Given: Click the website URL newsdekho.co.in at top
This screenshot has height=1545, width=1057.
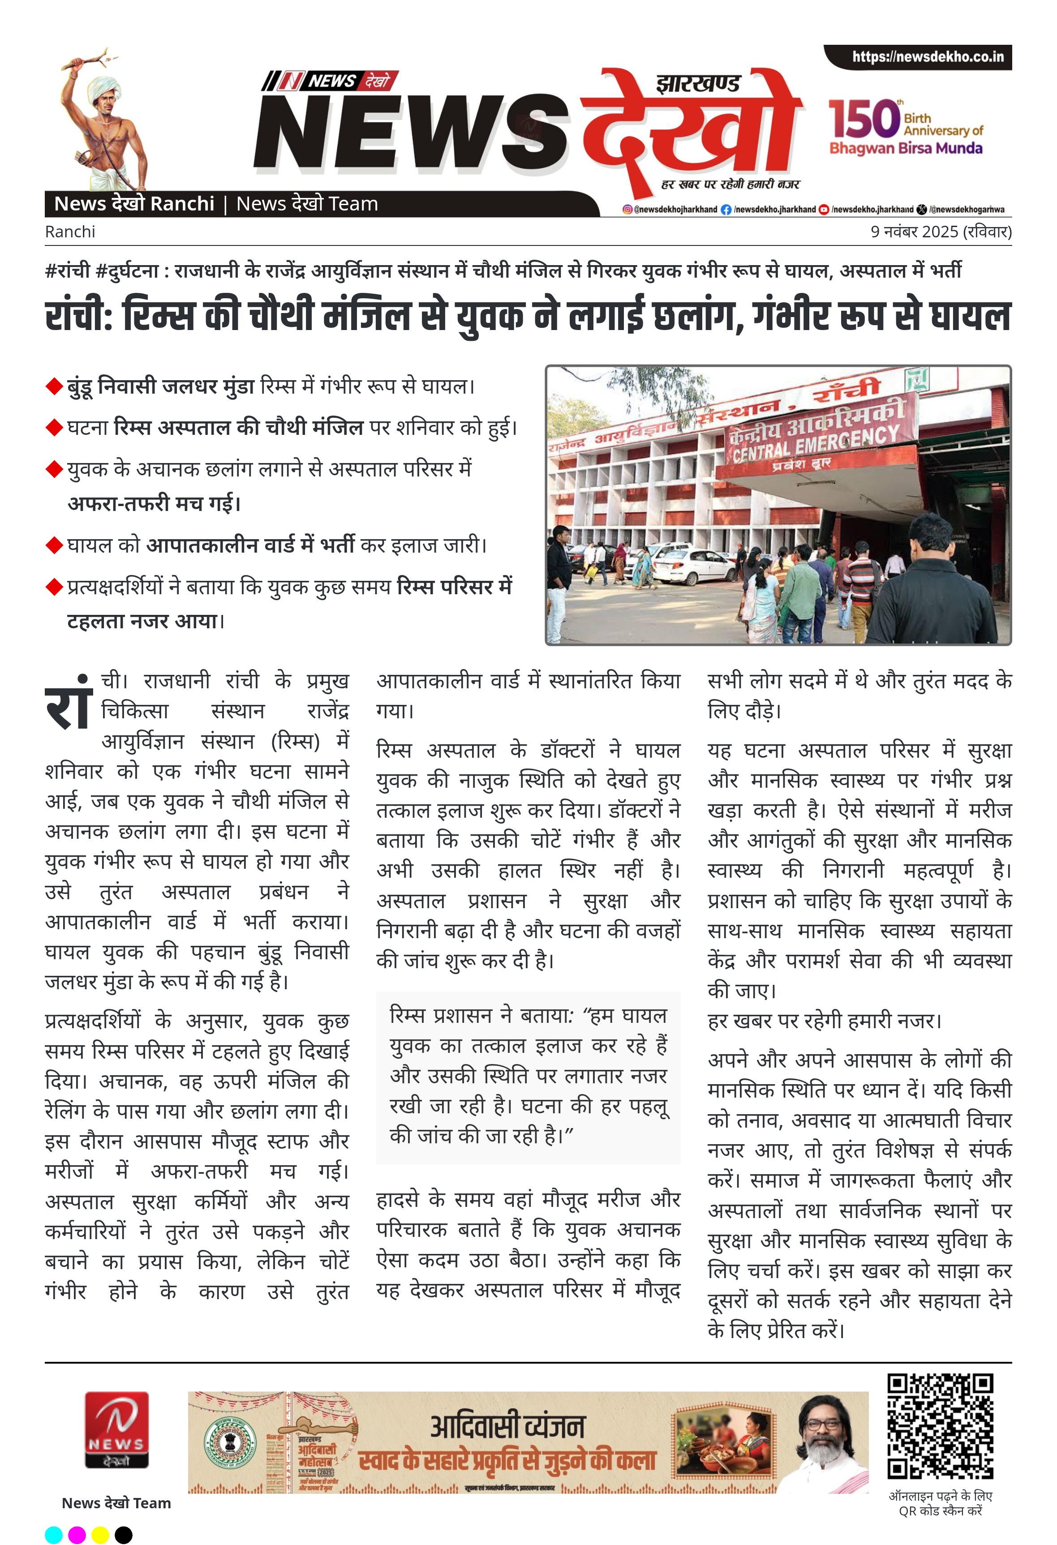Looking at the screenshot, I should [928, 57].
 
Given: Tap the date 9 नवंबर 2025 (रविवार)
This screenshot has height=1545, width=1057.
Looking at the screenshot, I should [941, 232].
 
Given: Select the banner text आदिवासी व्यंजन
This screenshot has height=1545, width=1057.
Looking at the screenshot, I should [508, 1427].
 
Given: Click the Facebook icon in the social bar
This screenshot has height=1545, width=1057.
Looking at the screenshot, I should [726, 210].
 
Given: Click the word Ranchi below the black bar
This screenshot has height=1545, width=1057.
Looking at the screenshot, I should [70, 232].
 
